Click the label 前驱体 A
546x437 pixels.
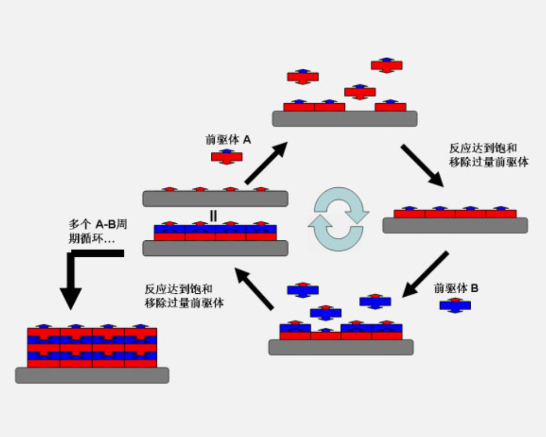228,140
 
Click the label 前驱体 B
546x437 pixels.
456,288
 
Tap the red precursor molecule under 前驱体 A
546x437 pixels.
227,158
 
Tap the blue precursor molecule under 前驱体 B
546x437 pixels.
455,305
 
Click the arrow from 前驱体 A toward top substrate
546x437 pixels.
265,163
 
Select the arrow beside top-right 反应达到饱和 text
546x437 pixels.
422,165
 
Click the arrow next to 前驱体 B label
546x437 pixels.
425,274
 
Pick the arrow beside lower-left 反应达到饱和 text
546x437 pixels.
254,290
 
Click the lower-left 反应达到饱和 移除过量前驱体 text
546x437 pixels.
184,296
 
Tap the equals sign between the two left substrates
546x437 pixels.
213,216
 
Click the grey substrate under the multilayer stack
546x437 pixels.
92,375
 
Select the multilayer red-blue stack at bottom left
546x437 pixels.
92,347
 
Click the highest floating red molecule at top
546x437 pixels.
387,65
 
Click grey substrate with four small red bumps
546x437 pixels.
215,199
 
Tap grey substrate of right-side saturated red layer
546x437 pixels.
455,226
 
